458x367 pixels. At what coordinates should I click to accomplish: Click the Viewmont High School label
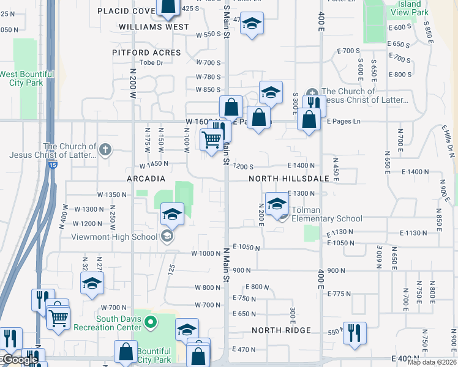point(114,237)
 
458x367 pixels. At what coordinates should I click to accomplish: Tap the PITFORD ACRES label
point(146,53)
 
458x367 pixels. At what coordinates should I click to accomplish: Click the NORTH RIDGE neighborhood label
point(281,330)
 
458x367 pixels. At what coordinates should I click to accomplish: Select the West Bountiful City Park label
point(27,78)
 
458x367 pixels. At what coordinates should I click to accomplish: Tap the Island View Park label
point(409,8)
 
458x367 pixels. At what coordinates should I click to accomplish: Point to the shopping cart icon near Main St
point(212,140)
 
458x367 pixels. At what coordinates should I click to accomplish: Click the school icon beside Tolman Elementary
point(277,204)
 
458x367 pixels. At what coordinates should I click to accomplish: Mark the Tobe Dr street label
point(152,62)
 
